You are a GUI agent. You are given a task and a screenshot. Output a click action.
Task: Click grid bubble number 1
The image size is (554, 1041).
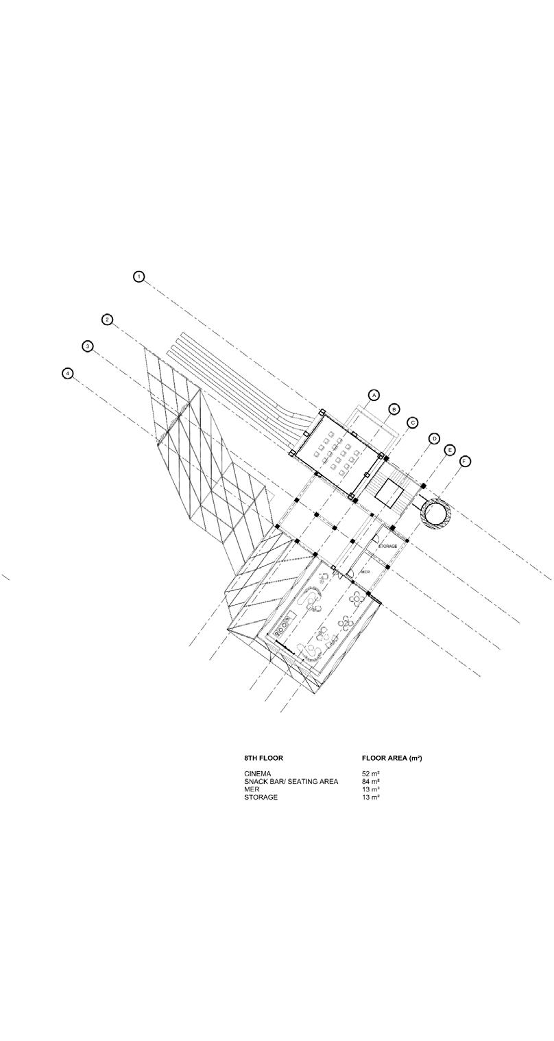coord(139,276)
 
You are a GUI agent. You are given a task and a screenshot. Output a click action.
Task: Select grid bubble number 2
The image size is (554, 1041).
coord(107,320)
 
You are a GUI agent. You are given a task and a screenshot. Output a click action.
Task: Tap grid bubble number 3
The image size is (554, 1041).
coord(88,346)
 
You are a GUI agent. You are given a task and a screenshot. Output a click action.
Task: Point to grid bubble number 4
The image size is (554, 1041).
coord(67,374)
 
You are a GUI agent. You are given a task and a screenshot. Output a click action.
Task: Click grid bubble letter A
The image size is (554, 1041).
coord(374,395)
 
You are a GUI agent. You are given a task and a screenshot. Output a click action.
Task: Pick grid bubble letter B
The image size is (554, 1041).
coord(394,409)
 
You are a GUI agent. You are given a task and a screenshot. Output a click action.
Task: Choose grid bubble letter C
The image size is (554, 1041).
coord(412,422)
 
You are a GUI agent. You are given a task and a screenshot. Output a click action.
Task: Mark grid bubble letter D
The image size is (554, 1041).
coord(434,439)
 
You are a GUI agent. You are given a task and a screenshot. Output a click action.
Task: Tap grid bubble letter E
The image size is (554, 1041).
coord(450,450)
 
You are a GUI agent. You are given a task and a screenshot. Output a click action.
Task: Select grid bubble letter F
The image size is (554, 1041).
coord(465,461)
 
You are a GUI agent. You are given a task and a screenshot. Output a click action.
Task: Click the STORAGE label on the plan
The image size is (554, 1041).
coord(388,547)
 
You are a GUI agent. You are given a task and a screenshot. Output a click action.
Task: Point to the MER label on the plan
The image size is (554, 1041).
coord(365,571)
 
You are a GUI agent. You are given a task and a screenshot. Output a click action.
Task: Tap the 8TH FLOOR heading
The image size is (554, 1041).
coord(263,758)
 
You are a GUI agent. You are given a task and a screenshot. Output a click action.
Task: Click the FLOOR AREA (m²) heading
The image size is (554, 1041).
coord(392,758)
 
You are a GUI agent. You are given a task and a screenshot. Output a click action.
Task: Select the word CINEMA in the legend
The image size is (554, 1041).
coord(258,774)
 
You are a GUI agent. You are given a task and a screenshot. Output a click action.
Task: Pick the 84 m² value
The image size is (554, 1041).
coord(371,782)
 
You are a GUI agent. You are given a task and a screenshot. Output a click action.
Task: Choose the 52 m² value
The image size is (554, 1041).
coord(371,774)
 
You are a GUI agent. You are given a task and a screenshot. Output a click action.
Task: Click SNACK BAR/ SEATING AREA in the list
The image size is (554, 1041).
coord(291,782)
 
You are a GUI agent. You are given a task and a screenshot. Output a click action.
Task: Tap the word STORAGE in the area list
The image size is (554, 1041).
coord(261,798)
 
